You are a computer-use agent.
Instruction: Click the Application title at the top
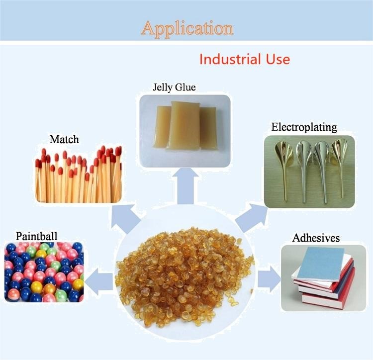[187, 28]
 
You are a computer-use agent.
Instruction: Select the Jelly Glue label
[174, 88]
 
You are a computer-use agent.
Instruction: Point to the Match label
[64, 139]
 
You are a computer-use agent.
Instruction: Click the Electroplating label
[304, 127]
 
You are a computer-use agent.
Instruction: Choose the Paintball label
[36, 235]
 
